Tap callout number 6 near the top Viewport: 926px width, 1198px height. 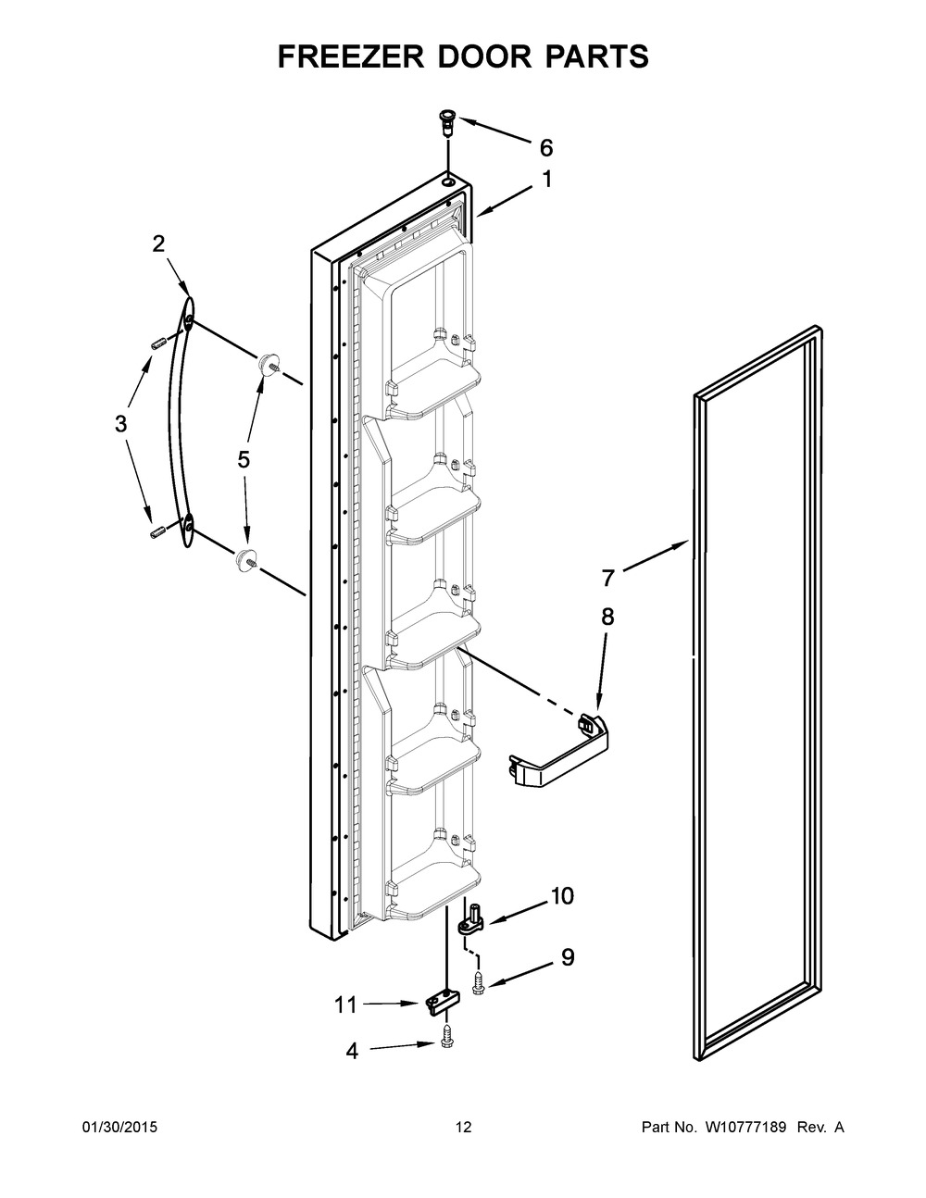point(545,147)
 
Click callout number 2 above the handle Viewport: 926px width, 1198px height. point(158,243)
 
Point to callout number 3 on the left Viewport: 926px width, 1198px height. point(120,425)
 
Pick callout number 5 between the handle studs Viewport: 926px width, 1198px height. point(244,460)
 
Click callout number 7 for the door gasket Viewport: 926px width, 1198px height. point(607,579)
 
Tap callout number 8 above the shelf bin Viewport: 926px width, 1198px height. point(607,618)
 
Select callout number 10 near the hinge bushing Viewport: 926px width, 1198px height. point(562,896)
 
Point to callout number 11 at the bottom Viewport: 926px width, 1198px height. point(344,1003)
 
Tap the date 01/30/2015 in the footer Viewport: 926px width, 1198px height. point(119,1128)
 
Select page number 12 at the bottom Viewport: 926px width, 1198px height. point(463,1128)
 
